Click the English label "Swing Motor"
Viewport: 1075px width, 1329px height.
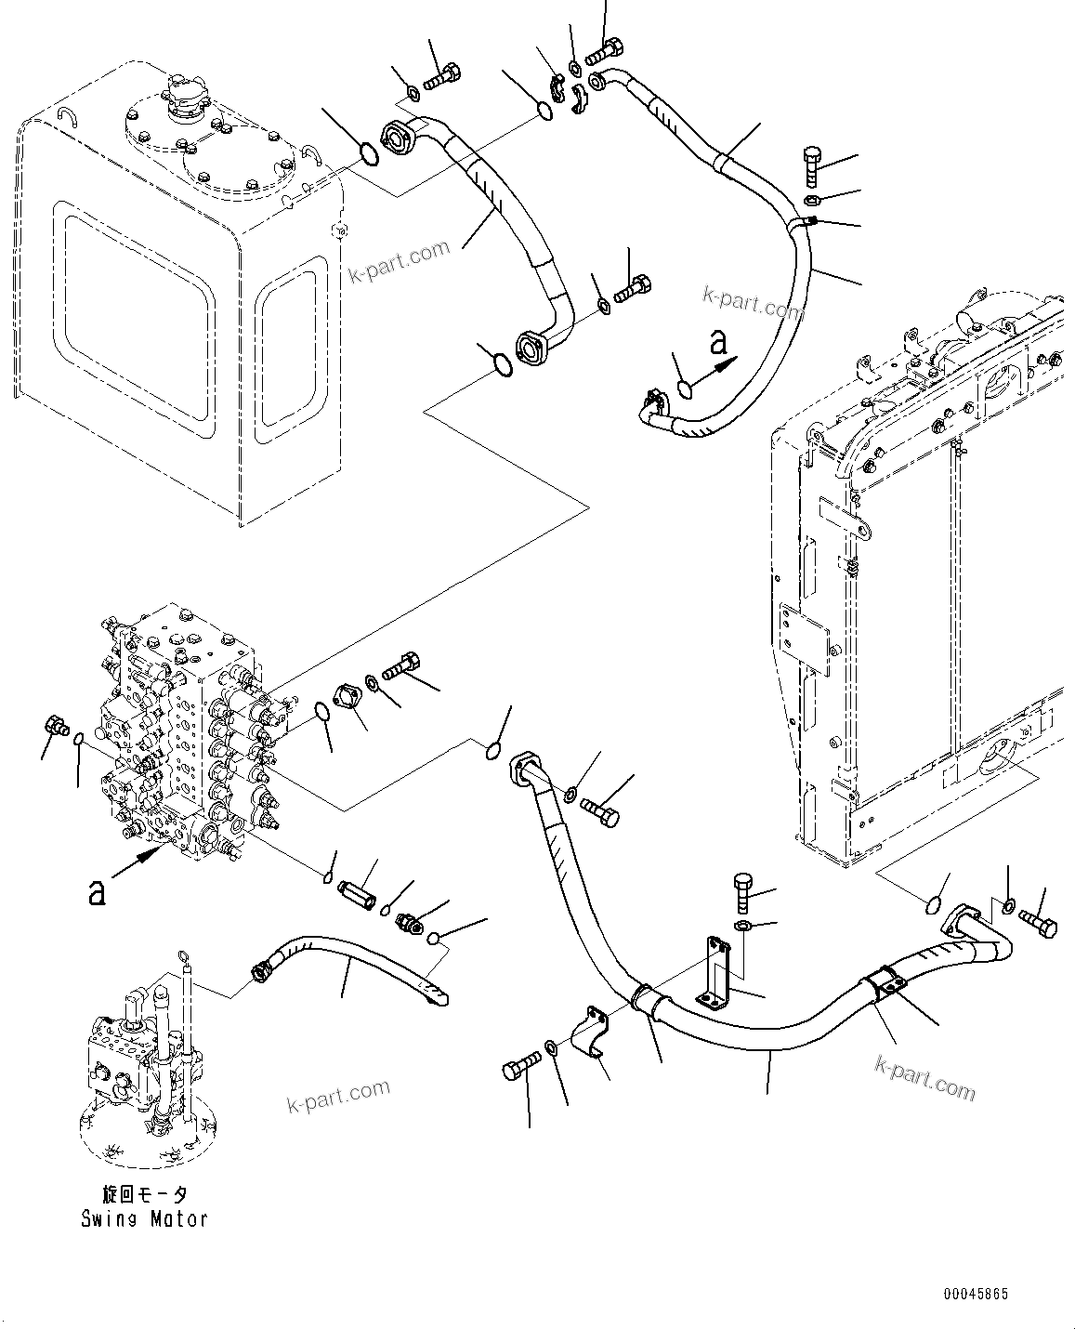[144, 1218]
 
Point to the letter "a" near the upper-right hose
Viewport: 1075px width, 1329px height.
[716, 344]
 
